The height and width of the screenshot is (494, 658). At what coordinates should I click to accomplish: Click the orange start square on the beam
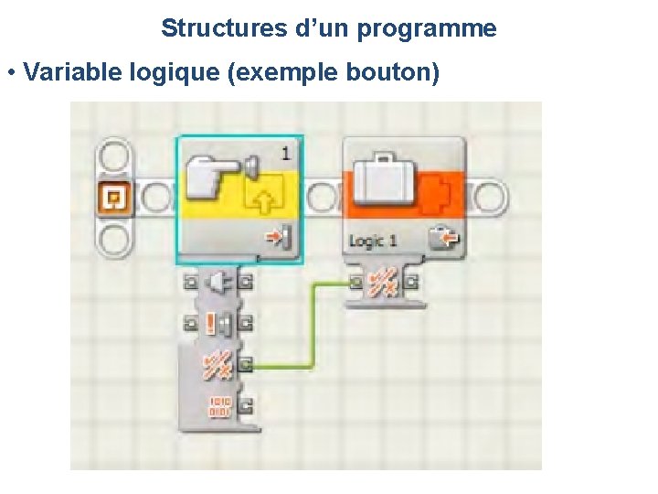tap(115, 197)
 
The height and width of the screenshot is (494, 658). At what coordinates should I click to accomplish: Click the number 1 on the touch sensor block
tap(287, 152)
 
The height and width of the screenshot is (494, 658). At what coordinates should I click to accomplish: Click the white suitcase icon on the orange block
tap(385, 182)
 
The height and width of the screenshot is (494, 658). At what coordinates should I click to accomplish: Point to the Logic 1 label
tap(372, 242)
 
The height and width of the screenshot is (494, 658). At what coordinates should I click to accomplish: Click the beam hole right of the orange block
tap(489, 196)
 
